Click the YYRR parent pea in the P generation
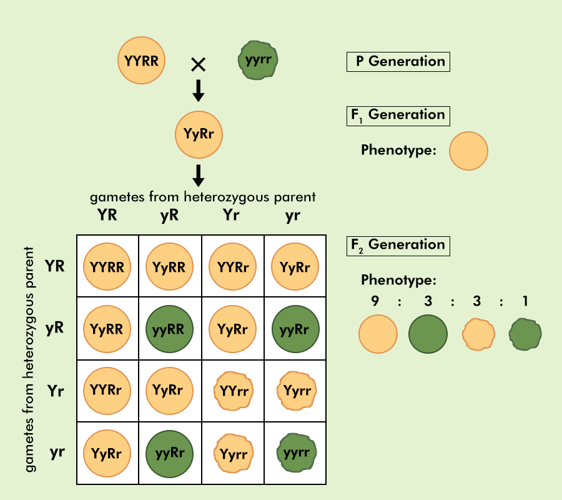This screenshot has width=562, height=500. [x=141, y=61]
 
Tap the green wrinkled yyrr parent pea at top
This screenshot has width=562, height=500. [x=258, y=61]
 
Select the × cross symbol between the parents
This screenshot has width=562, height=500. [x=198, y=63]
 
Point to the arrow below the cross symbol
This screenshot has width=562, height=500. [x=198, y=91]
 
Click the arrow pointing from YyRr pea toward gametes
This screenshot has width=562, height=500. [x=198, y=175]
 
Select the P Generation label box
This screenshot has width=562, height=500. [x=398, y=61]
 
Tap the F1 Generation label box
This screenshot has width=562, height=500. [x=398, y=115]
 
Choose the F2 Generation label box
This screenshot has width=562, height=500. [x=398, y=245]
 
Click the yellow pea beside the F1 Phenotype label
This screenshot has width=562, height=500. [x=468, y=151]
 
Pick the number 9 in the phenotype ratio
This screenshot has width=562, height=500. [x=375, y=301]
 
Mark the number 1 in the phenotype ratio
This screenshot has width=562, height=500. [x=526, y=301]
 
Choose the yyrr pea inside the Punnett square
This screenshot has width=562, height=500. [x=295, y=452]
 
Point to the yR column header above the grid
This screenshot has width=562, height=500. [x=169, y=215]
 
